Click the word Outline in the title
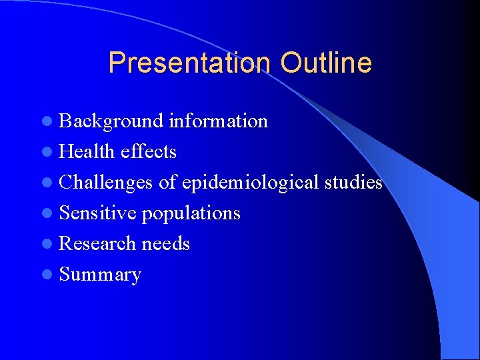(x=326, y=63)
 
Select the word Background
(x=111, y=121)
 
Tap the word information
(x=218, y=121)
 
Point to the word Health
(x=87, y=152)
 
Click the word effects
(x=149, y=152)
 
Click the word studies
(x=353, y=183)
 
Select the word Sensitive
(x=98, y=213)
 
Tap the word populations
(x=191, y=213)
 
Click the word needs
(x=165, y=244)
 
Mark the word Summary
(x=100, y=275)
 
